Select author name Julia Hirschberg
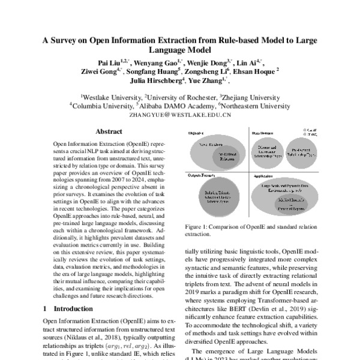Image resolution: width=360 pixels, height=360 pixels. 153,82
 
